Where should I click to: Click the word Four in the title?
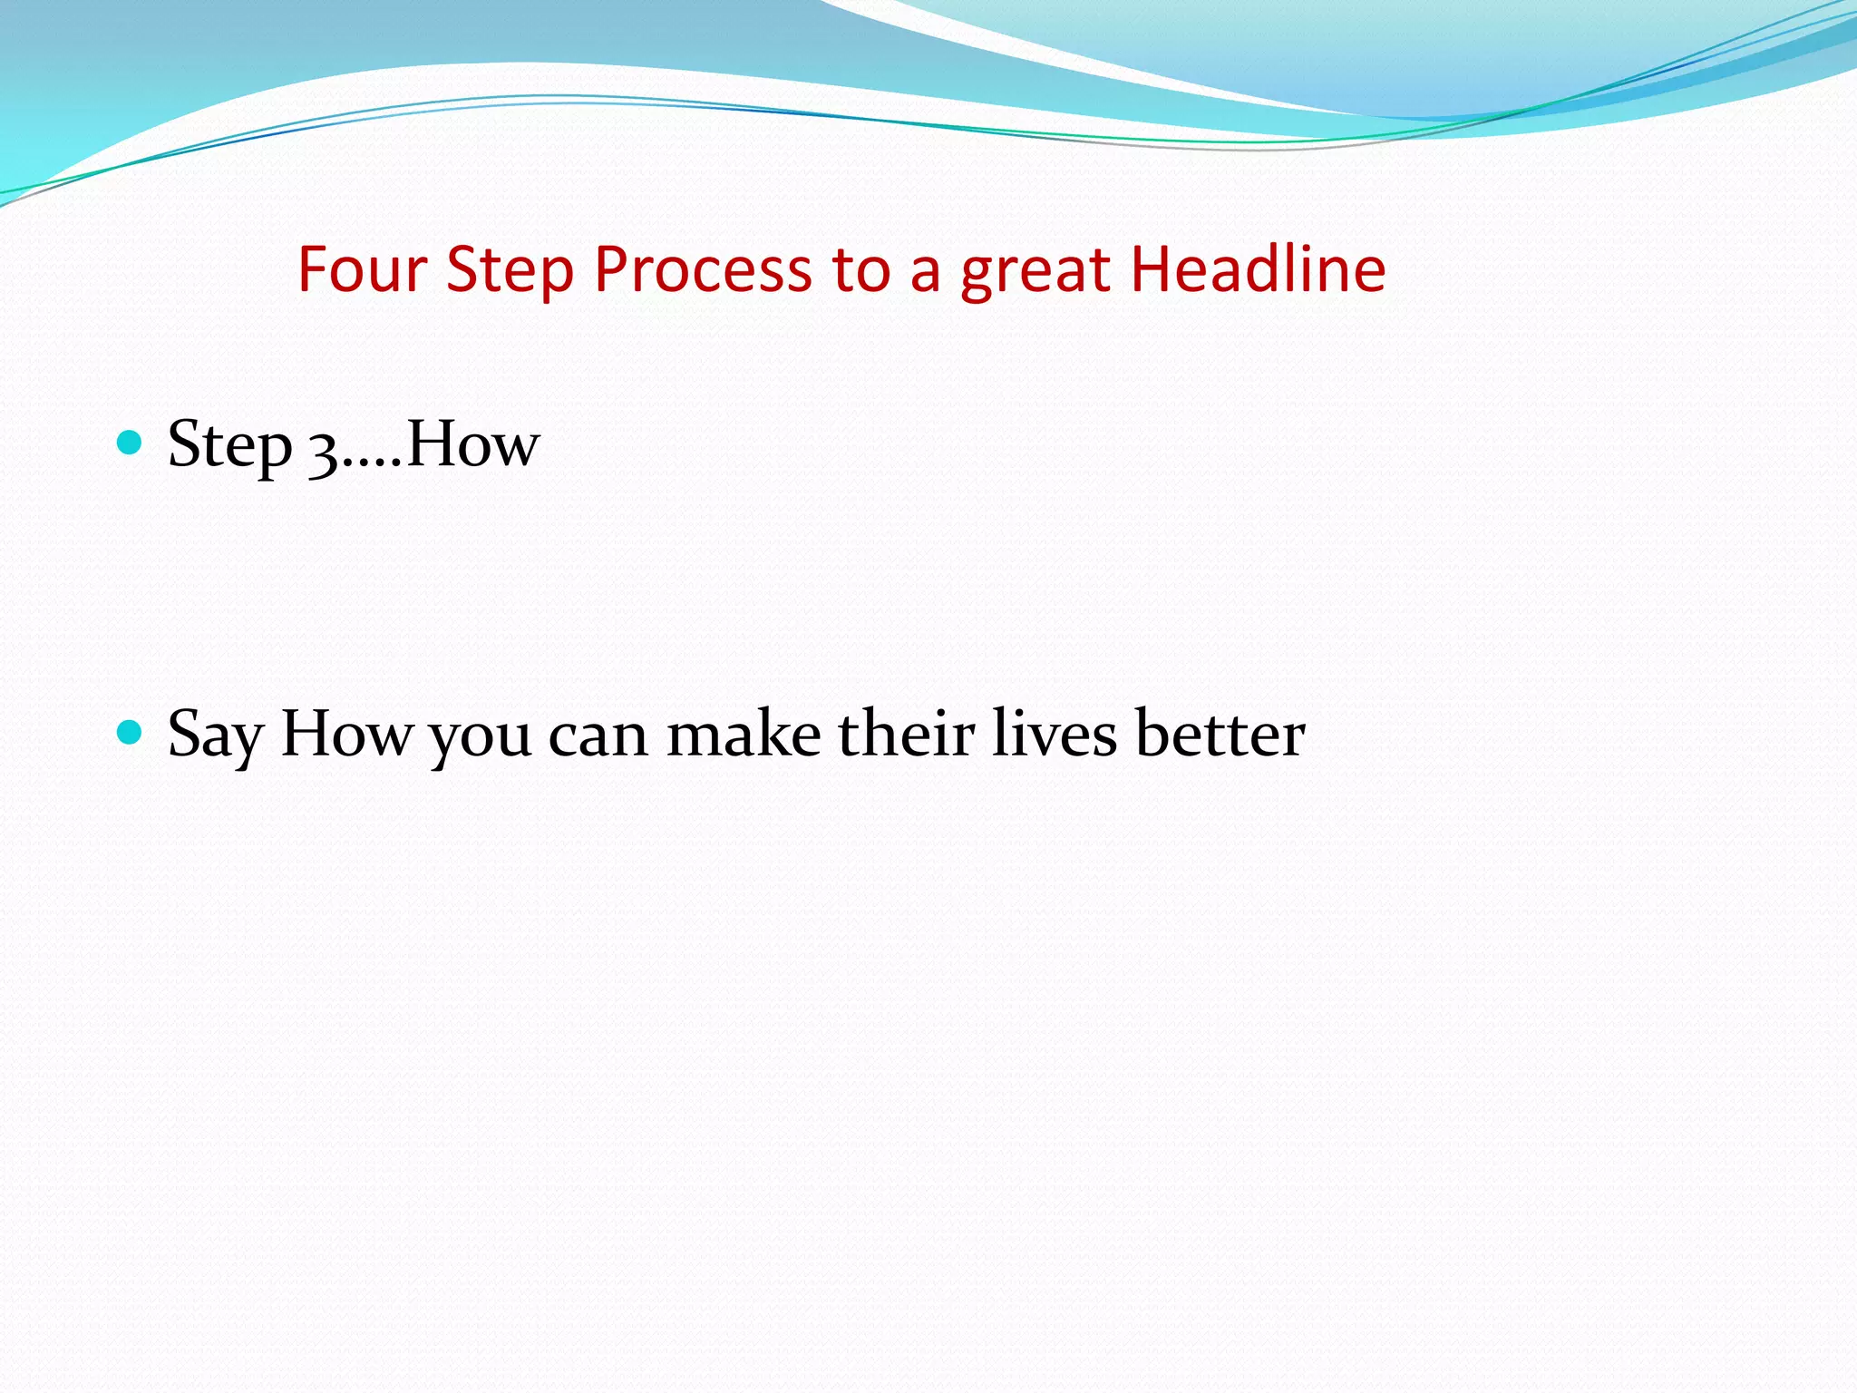point(362,269)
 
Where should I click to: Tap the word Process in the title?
point(703,269)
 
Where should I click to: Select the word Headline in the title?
point(1258,269)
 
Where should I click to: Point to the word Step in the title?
point(510,269)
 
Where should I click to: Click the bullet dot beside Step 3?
point(131,443)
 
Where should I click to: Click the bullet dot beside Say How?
point(131,732)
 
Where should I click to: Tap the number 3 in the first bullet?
point(323,450)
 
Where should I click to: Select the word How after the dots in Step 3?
point(472,444)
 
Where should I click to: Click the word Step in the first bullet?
point(229,444)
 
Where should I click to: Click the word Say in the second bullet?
point(215,735)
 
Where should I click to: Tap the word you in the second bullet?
point(480,736)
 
